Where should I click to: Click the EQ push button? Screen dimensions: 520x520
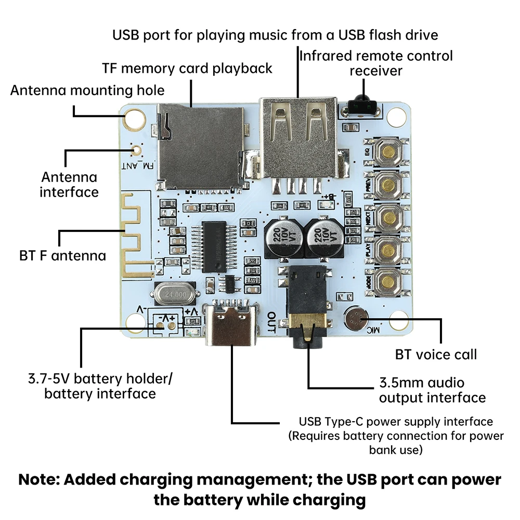[x=388, y=151]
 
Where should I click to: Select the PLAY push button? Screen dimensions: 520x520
[x=388, y=250]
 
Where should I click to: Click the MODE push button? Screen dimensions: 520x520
[x=388, y=282]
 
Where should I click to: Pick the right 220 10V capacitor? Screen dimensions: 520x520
[x=322, y=238]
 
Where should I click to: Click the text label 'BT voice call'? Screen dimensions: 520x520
[x=436, y=355]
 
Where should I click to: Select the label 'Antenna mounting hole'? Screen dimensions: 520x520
[x=87, y=90]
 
